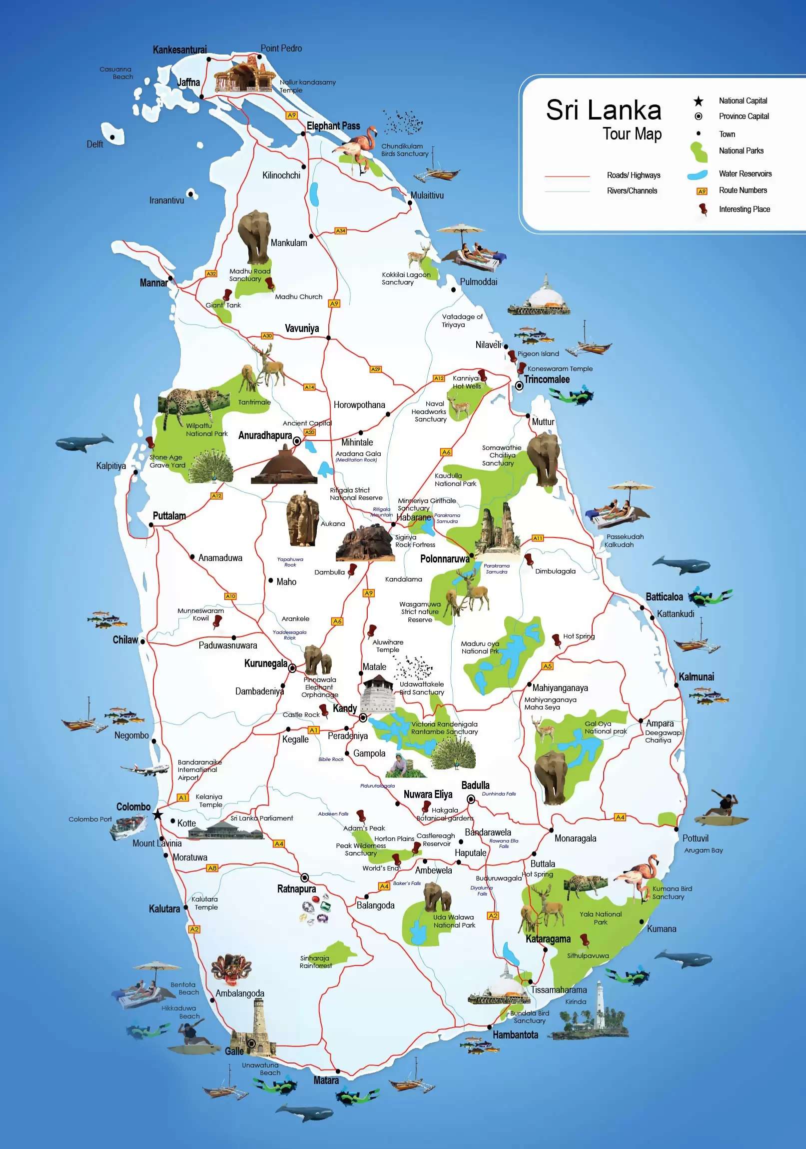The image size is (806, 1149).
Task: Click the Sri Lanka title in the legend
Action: tap(603, 109)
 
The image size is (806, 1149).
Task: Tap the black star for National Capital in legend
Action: tap(699, 101)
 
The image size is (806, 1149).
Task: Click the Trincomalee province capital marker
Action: tap(520, 385)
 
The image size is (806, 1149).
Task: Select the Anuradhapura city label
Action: tap(265, 435)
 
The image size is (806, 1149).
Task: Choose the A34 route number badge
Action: tap(340, 230)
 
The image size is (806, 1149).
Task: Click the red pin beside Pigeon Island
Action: tap(512, 356)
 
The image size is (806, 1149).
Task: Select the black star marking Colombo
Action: tap(158, 814)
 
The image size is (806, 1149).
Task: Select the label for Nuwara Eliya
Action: tap(428, 794)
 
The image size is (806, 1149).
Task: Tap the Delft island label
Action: tap(94, 144)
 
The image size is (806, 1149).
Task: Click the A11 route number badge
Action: tap(538, 538)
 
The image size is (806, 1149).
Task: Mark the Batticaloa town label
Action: tap(664, 596)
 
